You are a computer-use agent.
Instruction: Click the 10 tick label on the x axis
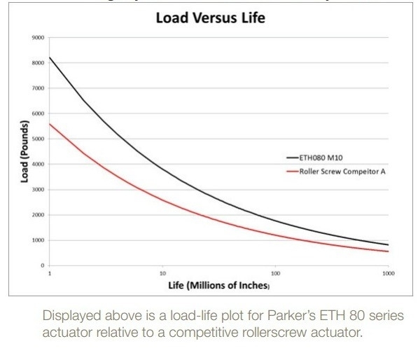[x=162, y=272]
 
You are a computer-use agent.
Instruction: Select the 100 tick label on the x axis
[x=275, y=272]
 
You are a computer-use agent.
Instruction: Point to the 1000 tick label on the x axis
[x=387, y=272]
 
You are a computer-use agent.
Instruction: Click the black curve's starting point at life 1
[x=50, y=57]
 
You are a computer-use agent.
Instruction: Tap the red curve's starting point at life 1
[x=50, y=123]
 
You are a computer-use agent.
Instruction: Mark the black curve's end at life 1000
[x=388, y=244]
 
